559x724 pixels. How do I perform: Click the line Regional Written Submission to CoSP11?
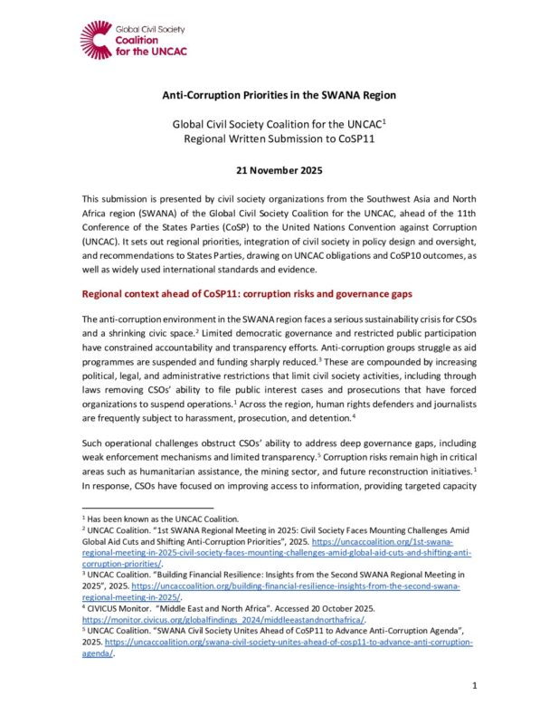pyautogui.click(x=279, y=138)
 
